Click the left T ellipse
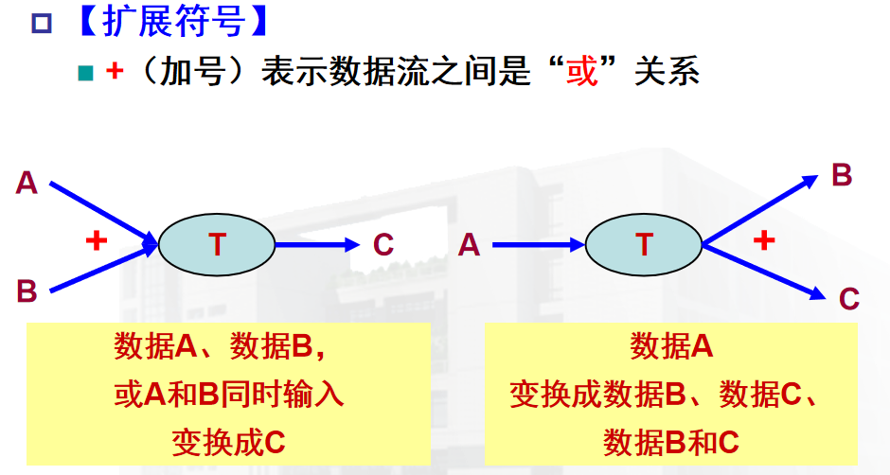coord(216,245)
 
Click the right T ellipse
coord(644,245)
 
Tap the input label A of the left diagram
coord(27,183)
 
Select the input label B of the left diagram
coord(27,291)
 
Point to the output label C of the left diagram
coord(383,245)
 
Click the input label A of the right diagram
coord(469,245)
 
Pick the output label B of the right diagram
coord(841,176)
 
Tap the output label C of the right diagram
coord(848,299)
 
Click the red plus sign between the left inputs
coord(96,241)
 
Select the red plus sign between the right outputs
coord(763,241)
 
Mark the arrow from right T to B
coord(757,209)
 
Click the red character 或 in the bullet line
coord(581,71)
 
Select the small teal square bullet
coord(84,73)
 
